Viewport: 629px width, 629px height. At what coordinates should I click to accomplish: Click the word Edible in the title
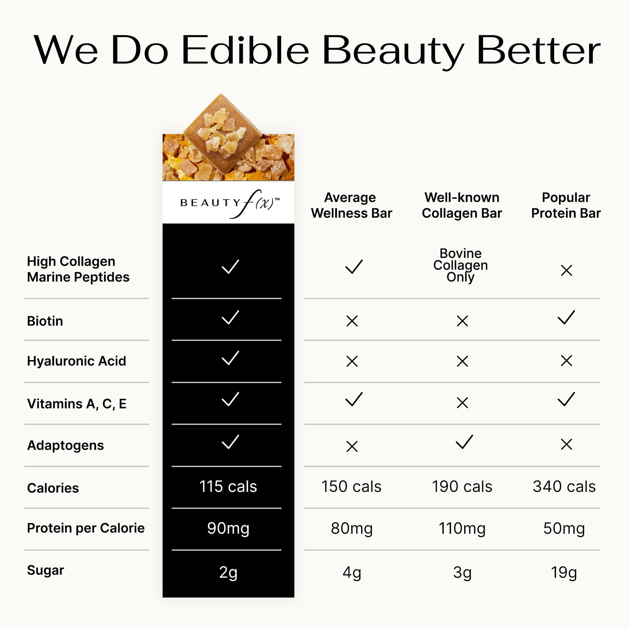coord(245,50)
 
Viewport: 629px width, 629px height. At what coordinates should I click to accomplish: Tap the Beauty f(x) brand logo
coord(230,203)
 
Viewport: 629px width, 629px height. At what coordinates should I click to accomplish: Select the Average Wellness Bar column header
coord(351,205)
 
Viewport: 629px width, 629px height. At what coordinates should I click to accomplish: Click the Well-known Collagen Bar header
coord(462,205)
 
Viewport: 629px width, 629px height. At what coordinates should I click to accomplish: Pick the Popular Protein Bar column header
coord(566,205)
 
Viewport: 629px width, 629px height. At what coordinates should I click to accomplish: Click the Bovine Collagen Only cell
coord(460,265)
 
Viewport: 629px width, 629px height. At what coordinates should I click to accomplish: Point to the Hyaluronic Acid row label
coord(76,361)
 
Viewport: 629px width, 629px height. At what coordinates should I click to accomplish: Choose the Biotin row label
coord(45,321)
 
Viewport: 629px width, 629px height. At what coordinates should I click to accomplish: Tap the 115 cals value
coord(228,487)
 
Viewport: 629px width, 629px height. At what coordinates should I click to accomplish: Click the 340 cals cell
coord(564,487)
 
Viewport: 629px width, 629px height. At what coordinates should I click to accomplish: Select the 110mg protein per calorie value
coord(462,528)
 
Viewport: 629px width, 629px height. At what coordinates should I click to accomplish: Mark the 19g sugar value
coord(564,572)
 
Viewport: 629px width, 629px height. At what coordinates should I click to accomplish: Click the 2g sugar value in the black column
coord(228,572)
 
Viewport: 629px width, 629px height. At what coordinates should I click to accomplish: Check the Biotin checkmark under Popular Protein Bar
coord(566,317)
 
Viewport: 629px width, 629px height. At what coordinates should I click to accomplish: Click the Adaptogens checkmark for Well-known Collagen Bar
coord(464,442)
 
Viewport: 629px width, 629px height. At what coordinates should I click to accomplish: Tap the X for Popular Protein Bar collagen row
coord(566,270)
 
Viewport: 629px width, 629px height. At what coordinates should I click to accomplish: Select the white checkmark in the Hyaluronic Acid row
coord(230,358)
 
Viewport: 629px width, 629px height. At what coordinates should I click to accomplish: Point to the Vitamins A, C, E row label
coord(77,404)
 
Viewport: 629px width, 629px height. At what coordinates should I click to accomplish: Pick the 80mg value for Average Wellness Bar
coord(352,528)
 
